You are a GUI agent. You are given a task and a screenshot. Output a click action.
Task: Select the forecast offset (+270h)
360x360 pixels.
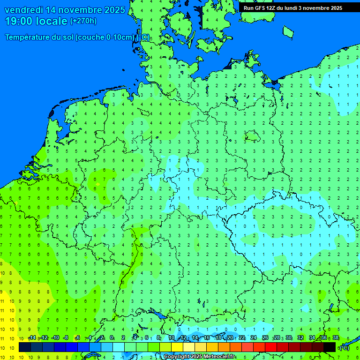[83, 21]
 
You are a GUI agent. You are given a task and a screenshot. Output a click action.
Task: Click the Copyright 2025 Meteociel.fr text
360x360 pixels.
[199, 357]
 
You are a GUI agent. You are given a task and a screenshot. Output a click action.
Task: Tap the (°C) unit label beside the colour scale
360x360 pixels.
[344, 347]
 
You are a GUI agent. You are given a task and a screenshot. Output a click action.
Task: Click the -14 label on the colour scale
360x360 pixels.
[32, 337]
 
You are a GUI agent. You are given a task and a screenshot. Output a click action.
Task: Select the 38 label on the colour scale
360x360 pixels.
[336, 337]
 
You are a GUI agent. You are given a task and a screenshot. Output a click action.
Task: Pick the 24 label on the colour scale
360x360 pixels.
[254, 337]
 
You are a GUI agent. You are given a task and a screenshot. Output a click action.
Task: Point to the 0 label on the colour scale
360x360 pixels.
[112, 337]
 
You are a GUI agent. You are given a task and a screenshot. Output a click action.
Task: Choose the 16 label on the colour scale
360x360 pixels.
[206, 337]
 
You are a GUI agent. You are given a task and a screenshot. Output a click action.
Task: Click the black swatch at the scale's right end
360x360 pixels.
[330, 347]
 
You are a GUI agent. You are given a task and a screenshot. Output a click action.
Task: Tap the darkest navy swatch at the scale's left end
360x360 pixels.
[25, 347]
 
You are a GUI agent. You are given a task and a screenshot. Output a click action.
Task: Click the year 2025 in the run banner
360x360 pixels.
[334, 7]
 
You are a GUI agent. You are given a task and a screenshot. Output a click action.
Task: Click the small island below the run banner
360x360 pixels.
[288, 31]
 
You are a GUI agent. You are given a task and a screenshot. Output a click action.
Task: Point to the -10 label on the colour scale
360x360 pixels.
[55, 337]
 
